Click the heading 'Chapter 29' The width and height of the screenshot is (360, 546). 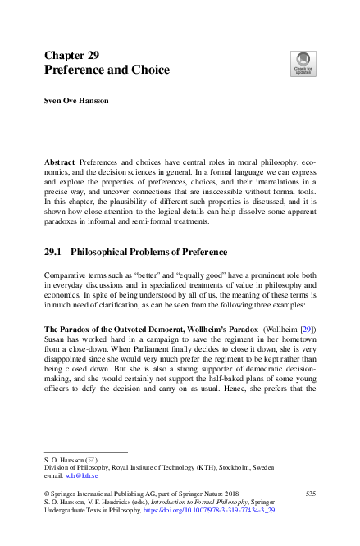coord(71,56)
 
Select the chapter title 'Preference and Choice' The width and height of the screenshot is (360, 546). coord(106,71)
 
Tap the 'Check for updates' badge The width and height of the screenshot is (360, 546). coord(303,63)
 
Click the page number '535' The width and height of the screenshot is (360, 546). coord(310,492)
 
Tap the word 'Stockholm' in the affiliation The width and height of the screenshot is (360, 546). coord(254,466)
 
